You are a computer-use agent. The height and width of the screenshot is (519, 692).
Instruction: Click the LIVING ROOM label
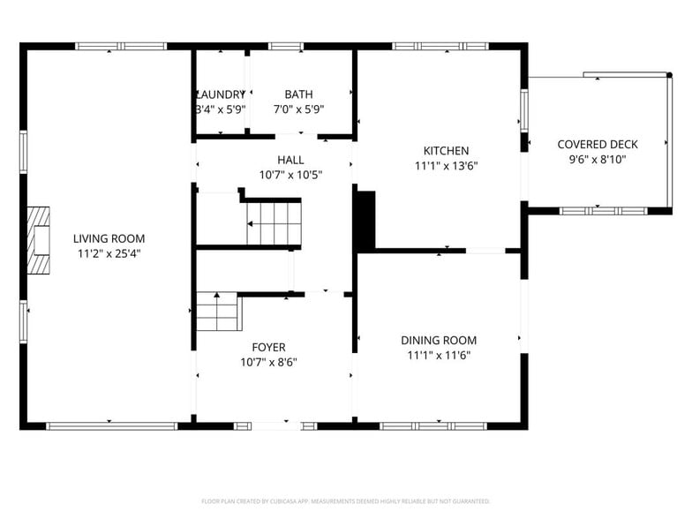(x=109, y=238)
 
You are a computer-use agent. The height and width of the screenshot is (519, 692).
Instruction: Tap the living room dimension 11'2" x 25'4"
(x=109, y=253)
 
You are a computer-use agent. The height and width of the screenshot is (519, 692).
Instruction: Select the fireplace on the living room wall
(x=38, y=243)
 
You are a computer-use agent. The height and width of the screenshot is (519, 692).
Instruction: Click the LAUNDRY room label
(x=220, y=94)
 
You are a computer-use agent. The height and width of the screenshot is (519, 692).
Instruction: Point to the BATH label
(x=298, y=94)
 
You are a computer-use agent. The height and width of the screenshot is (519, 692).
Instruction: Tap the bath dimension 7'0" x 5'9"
(x=298, y=109)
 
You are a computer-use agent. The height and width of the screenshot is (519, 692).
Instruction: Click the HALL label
(x=290, y=160)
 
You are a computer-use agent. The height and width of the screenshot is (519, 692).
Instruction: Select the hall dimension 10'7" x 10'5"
(x=290, y=175)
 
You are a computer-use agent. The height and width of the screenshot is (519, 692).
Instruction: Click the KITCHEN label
(x=446, y=151)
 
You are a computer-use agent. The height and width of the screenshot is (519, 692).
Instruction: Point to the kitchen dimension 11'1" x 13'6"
(x=446, y=166)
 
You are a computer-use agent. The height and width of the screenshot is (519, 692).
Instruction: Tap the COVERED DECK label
(x=597, y=145)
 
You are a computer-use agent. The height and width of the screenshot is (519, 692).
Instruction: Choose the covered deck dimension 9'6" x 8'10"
(x=597, y=160)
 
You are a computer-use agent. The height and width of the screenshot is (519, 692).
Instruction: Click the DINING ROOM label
(x=439, y=341)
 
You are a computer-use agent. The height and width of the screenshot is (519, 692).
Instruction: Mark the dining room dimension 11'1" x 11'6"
(x=439, y=356)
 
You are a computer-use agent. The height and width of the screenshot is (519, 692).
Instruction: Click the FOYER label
(x=267, y=347)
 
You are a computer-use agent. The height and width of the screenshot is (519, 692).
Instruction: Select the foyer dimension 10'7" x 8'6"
(x=267, y=362)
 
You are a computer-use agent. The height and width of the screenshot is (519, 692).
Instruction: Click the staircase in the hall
(x=273, y=223)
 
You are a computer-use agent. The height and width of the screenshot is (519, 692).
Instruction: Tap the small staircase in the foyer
(x=218, y=312)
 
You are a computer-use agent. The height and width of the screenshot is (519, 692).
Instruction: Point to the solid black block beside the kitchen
(x=365, y=220)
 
